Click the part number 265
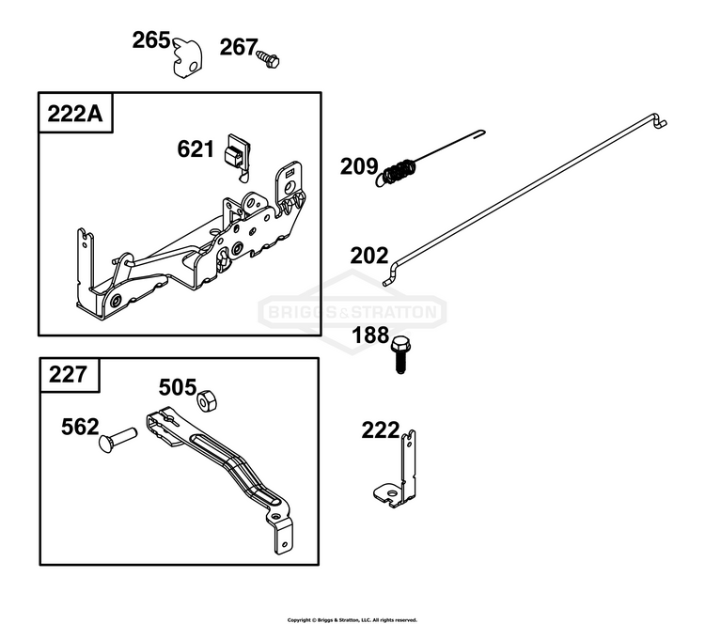click(151, 40)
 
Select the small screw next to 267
click(268, 59)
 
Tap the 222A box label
click(75, 114)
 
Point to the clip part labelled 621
click(237, 156)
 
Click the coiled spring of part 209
click(397, 172)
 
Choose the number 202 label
click(369, 256)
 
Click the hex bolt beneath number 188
click(400, 354)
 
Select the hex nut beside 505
click(208, 399)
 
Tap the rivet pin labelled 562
click(117, 439)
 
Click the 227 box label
click(68, 374)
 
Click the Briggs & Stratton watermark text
click(352, 312)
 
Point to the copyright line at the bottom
click(352, 620)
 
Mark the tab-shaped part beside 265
click(187, 57)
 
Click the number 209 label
click(359, 166)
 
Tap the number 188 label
click(370, 335)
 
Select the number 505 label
click(178, 387)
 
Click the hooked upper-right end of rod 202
click(660, 122)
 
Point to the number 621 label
click(196, 149)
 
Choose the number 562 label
click(80, 427)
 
